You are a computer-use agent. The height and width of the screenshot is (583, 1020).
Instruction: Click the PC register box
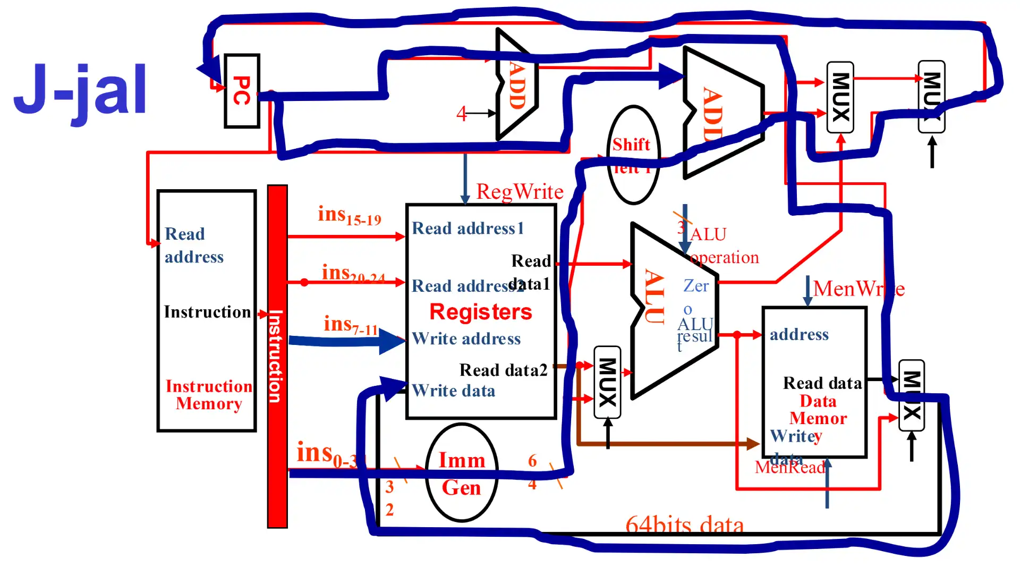242,91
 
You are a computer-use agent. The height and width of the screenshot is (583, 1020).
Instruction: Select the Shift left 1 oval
632,154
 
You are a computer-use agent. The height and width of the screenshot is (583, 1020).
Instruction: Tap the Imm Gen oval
461,473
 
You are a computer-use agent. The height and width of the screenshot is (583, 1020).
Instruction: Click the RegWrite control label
519,191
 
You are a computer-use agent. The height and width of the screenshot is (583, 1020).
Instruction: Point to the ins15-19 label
349,215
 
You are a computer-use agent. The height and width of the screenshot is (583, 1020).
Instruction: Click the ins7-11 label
351,324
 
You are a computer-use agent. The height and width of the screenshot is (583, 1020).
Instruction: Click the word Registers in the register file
480,312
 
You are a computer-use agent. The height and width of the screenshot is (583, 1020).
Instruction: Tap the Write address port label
466,339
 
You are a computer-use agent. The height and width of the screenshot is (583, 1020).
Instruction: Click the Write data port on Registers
453,391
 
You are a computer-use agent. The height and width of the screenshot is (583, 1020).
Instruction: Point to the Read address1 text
467,229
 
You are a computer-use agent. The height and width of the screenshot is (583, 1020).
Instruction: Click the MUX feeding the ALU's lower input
607,382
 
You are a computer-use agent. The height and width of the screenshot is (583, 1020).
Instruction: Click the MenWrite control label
858,289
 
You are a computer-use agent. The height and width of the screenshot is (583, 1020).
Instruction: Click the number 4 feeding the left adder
461,113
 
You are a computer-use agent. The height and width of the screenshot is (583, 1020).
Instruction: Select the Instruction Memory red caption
209,395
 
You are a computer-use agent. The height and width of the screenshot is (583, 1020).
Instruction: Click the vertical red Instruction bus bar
277,356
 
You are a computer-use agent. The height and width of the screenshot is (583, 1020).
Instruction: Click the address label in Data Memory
799,335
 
